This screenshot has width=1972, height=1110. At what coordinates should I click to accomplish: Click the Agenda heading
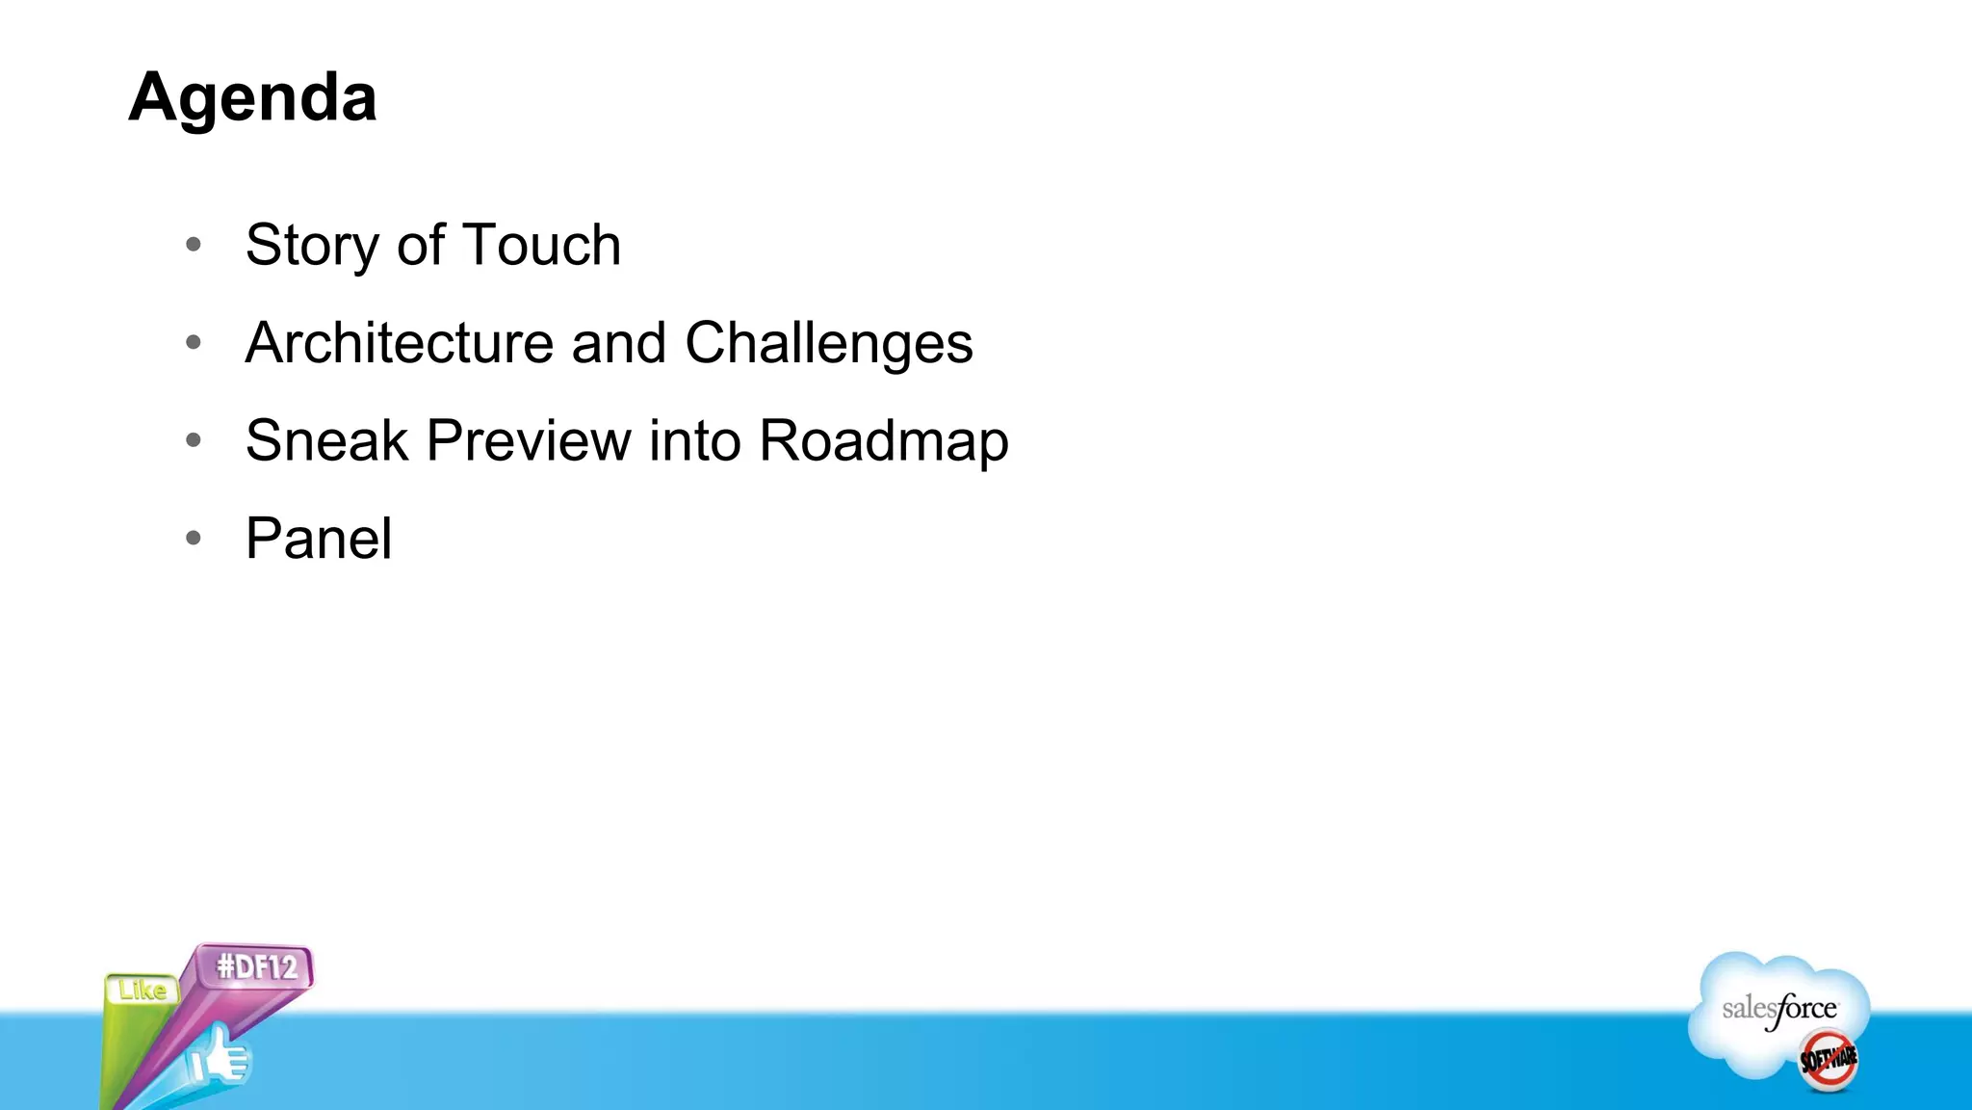252,98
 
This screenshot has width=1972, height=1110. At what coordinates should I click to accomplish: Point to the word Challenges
828,345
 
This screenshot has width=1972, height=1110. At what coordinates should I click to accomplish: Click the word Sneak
326,441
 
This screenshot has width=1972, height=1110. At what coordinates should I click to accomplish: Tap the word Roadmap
883,442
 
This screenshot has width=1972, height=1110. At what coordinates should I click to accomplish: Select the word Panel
318,539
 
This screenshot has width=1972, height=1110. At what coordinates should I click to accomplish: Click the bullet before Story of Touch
194,245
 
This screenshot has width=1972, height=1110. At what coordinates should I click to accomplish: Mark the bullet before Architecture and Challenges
194,342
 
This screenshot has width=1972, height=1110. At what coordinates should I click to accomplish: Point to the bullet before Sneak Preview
194,440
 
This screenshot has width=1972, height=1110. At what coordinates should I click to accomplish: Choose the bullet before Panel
194,538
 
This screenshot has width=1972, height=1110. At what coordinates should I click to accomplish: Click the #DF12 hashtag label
256,966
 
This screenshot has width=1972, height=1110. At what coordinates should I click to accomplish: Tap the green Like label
143,991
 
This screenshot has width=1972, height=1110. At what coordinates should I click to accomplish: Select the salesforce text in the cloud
1778,1010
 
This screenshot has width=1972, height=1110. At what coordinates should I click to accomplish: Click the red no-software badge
1828,1060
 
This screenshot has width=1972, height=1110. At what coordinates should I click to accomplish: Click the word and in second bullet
618,343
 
